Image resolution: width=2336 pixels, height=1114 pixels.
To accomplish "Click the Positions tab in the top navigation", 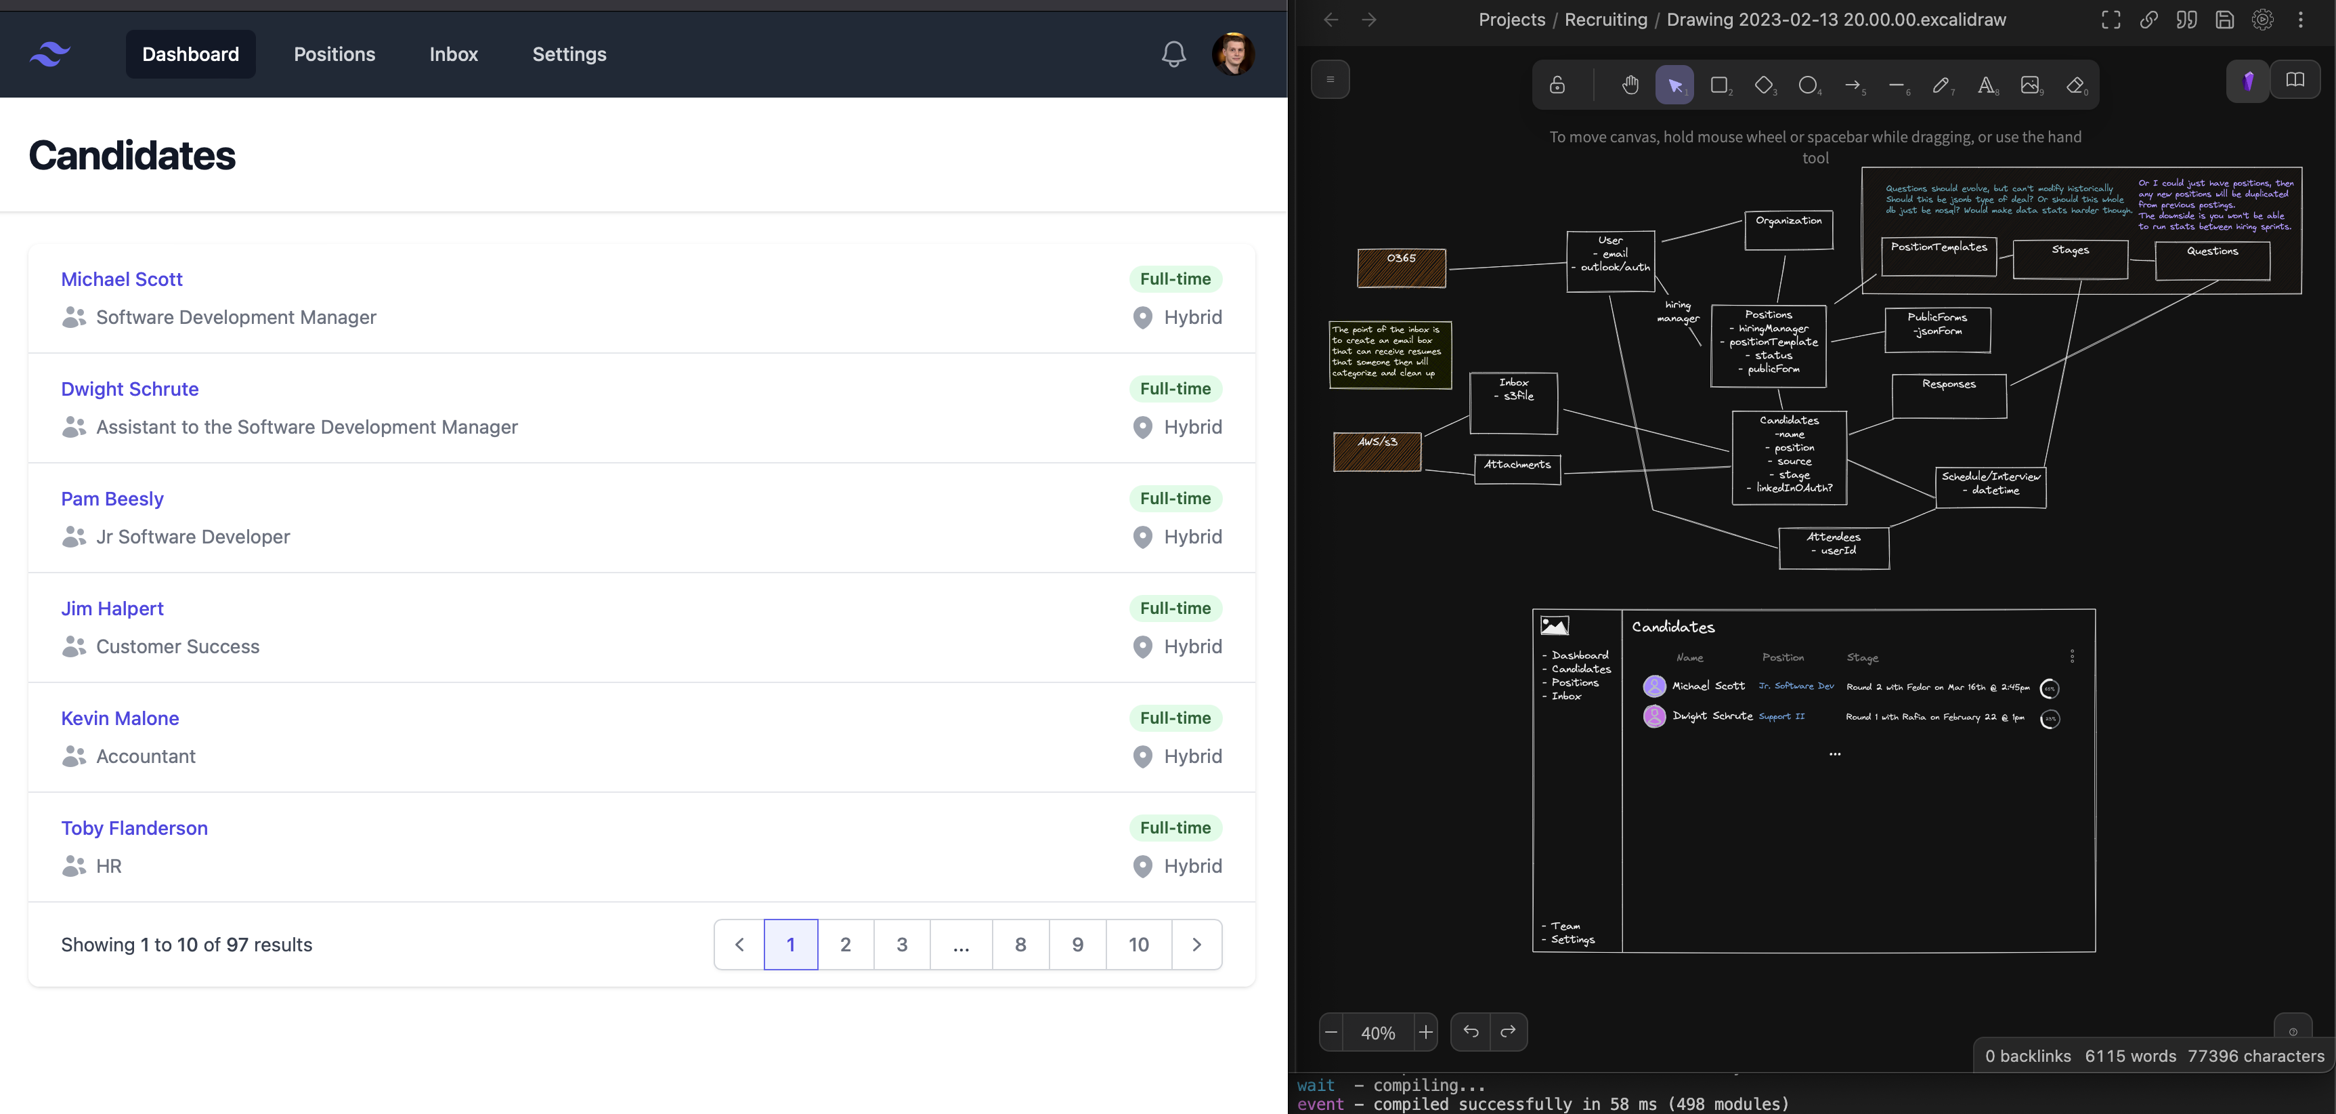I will point(334,54).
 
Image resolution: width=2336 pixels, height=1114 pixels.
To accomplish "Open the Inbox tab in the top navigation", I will point(454,54).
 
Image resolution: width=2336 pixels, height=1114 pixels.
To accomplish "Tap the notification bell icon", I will point(1173,54).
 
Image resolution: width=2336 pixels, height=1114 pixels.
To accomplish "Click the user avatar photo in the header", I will point(1233,54).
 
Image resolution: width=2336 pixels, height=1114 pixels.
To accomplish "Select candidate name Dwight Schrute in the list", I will point(130,389).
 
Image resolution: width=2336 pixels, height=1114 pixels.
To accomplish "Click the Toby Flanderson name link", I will point(134,828).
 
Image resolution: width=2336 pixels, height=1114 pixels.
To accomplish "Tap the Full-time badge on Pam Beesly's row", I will point(1175,499).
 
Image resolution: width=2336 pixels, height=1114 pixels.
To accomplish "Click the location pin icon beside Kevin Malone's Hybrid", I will point(1143,757).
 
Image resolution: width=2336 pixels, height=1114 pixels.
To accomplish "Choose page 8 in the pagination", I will point(1020,945).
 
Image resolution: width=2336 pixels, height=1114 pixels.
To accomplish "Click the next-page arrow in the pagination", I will point(1196,945).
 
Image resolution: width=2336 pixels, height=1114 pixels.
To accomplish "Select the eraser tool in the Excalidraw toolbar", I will point(2075,85).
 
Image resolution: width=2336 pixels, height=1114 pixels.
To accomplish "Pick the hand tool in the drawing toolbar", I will point(1630,85).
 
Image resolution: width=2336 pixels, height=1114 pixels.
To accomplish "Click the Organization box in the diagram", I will point(1788,230).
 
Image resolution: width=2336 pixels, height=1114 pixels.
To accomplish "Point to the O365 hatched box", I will point(1401,268).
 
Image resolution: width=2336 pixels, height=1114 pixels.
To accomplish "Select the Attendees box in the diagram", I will point(1834,549).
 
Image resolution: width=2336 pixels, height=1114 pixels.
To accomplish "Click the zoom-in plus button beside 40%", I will point(1425,1033).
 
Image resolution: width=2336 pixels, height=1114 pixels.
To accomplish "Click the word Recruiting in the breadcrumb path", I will point(1605,20).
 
